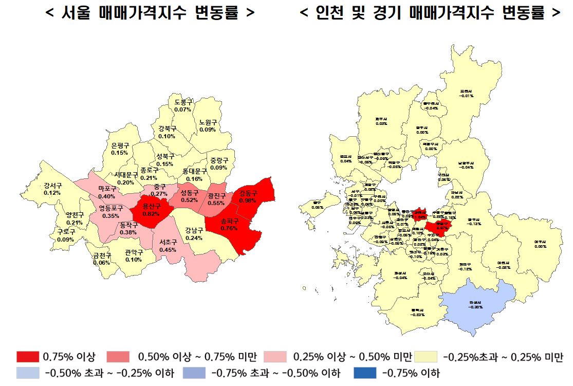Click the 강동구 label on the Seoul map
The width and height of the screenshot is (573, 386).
point(248,194)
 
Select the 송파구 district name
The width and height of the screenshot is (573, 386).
point(229,222)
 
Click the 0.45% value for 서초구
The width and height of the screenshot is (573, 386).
point(168,250)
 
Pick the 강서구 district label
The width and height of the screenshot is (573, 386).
point(52,186)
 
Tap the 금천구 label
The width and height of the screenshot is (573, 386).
point(102,255)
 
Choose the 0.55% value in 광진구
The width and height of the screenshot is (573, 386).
point(216,203)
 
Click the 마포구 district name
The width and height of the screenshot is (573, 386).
point(107,189)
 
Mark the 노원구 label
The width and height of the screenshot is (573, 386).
point(208,123)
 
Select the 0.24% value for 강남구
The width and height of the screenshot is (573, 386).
point(194,238)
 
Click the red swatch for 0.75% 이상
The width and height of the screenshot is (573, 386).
point(28,357)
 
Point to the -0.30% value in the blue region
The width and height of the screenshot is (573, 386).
point(475,307)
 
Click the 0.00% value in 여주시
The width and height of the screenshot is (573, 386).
point(540,246)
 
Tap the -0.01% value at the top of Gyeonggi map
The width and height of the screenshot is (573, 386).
point(466,96)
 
